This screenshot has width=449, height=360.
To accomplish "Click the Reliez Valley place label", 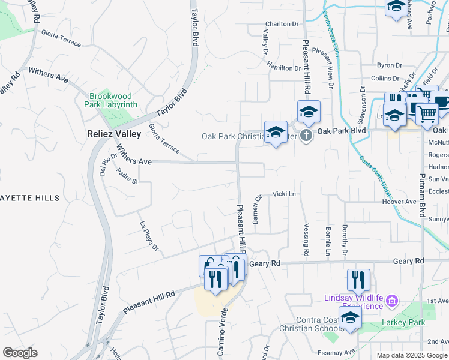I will (113, 134).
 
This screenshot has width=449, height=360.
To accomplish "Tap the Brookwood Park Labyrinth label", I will (113, 100).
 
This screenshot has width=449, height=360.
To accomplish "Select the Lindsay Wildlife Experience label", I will (354, 302).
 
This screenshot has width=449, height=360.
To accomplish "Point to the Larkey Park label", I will (403, 322).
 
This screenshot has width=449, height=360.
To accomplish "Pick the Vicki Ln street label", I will (285, 194).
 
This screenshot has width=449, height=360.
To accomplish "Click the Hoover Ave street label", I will (399, 202).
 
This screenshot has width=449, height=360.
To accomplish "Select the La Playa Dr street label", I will (148, 236).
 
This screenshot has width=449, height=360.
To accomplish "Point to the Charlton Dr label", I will (282, 24).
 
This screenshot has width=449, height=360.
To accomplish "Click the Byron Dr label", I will (388, 65).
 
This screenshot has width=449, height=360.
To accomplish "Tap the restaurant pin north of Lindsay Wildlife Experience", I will (358, 279).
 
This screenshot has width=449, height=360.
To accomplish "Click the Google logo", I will (20, 353).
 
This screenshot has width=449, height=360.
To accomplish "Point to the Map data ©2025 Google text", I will (411, 355).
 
